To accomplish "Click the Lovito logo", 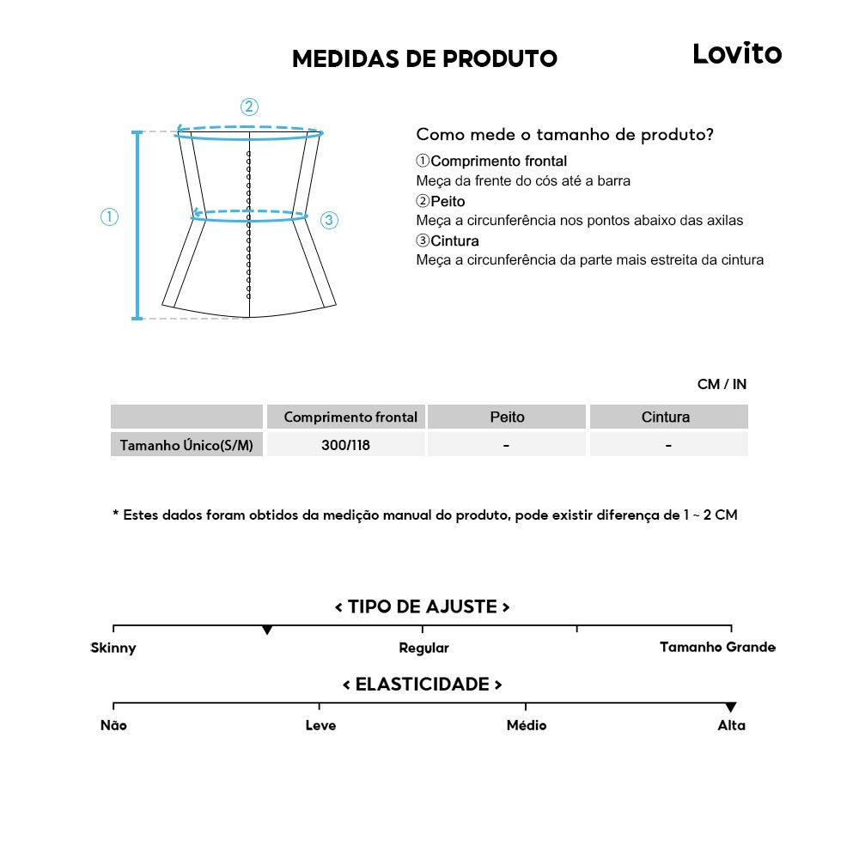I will pos(737,54).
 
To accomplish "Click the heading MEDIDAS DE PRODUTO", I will pos(424,58).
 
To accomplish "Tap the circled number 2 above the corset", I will pos(249,107).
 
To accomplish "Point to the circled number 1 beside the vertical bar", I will pos(109,217).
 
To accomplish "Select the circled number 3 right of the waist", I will pos(329,220).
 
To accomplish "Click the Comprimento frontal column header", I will pos(350,417).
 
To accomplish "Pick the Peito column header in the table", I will pos(507,417).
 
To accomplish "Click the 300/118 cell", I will pos(347,445).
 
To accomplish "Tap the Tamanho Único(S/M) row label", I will pos(186,445).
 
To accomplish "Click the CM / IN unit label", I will pos(722,384).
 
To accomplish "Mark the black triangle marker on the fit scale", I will pos(267,631).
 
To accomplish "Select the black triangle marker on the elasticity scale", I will pos(730,708).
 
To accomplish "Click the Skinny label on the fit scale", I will pos(113,648).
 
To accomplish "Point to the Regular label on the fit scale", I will pos(423,648).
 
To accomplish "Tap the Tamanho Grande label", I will pos(717,647).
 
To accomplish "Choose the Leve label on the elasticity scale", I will pos(320,725).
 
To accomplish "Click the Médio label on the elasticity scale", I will pos(526,725).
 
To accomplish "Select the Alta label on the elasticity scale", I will pos(731,725).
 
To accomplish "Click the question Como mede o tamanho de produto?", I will pos(564,135).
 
